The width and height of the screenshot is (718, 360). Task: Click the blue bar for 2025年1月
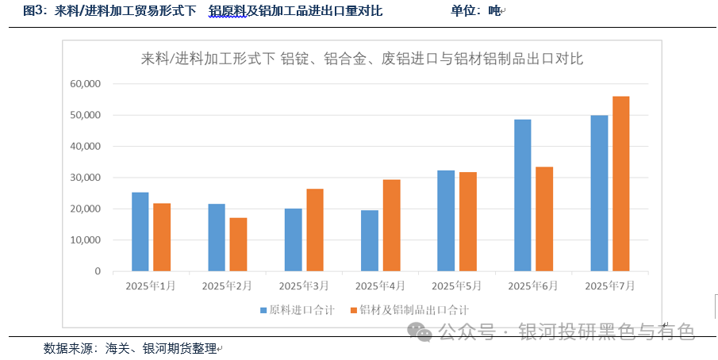(x=140, y=232)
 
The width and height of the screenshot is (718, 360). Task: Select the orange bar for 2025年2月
(x=238, y=244)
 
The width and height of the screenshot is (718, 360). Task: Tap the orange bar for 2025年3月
(x=314, y=230)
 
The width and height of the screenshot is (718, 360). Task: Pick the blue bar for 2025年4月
(x=370, y=240)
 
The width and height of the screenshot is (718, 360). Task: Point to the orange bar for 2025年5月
(x=467, y=221)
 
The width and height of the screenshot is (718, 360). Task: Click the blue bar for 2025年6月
(x=522, y=195)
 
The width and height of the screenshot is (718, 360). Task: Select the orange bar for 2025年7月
(x=620, y=184)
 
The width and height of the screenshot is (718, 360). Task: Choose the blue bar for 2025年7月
(x=599, y=193)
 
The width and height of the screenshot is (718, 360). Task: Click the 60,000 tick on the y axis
(x=85, y=84)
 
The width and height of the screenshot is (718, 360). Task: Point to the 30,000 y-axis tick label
(x=85, y=178)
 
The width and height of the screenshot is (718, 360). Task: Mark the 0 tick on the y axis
(x=98, y=271)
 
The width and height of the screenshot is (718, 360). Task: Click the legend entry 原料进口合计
(x=297, y=310)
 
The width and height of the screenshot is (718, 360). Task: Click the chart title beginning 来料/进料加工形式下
(x=361, y=59)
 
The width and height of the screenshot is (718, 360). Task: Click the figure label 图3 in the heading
(x=35, y=11)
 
